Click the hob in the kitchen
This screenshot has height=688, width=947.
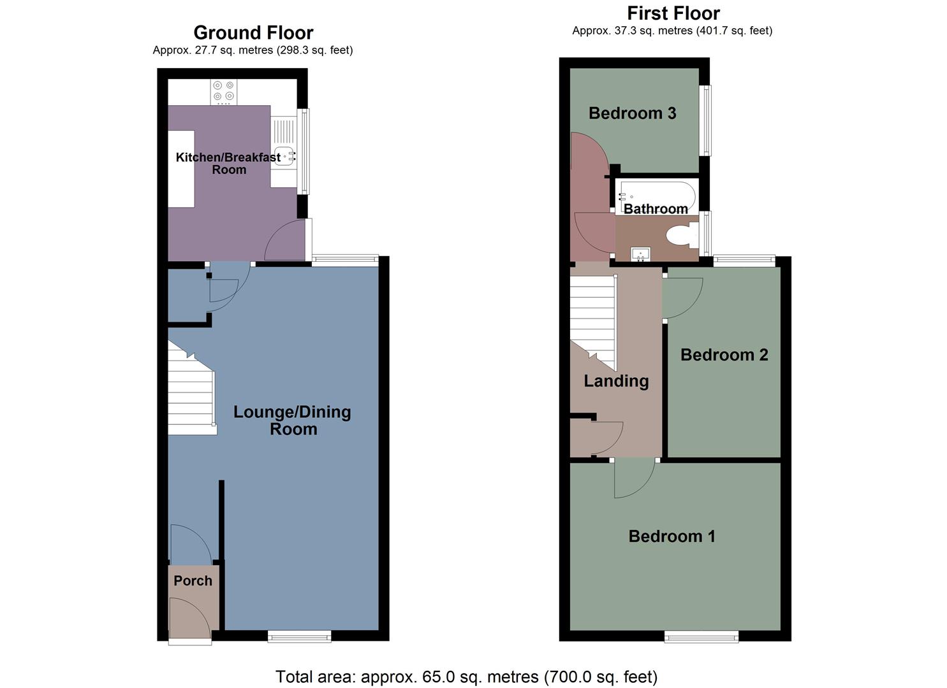223,91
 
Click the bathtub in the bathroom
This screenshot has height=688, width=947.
656,193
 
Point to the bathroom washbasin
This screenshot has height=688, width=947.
640,254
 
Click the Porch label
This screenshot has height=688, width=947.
193,581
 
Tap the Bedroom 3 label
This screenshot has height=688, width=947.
632,113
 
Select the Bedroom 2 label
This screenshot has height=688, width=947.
724,355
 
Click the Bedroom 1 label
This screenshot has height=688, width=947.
672,536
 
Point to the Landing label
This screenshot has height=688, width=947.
616,381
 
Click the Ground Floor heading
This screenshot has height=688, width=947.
253,32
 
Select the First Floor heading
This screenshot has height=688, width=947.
673,13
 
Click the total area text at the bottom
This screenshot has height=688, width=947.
466,676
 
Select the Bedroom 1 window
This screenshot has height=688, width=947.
701,636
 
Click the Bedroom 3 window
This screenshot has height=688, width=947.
706,120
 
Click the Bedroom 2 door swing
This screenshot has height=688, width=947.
681,298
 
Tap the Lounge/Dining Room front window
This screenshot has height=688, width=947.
299,636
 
